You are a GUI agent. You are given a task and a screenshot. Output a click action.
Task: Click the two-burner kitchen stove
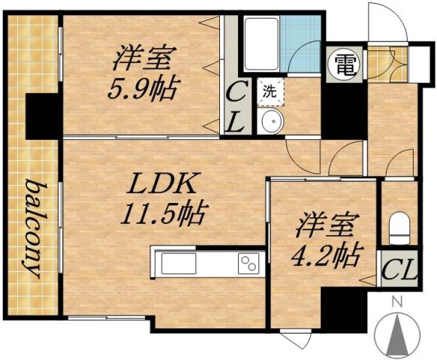pyautogui.click(x=247, y=263)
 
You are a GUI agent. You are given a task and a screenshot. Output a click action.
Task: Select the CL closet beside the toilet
pyautogui.click(x=399, y=269)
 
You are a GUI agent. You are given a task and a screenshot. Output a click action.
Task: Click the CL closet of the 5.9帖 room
pyautogui.click(x=235, y=107)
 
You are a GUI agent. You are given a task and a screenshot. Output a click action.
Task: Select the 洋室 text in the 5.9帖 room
pyautogui.click(x=146, y=58)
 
